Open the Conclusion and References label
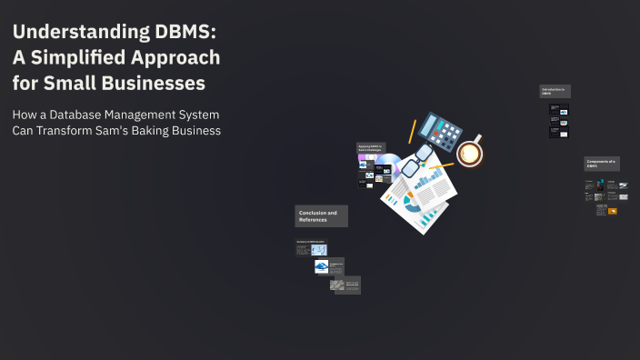point(321,216)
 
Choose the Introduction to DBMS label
point(555,91)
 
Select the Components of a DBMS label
point(602,164)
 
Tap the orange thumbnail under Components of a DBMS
point(613,211)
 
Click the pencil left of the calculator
point(411,132)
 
